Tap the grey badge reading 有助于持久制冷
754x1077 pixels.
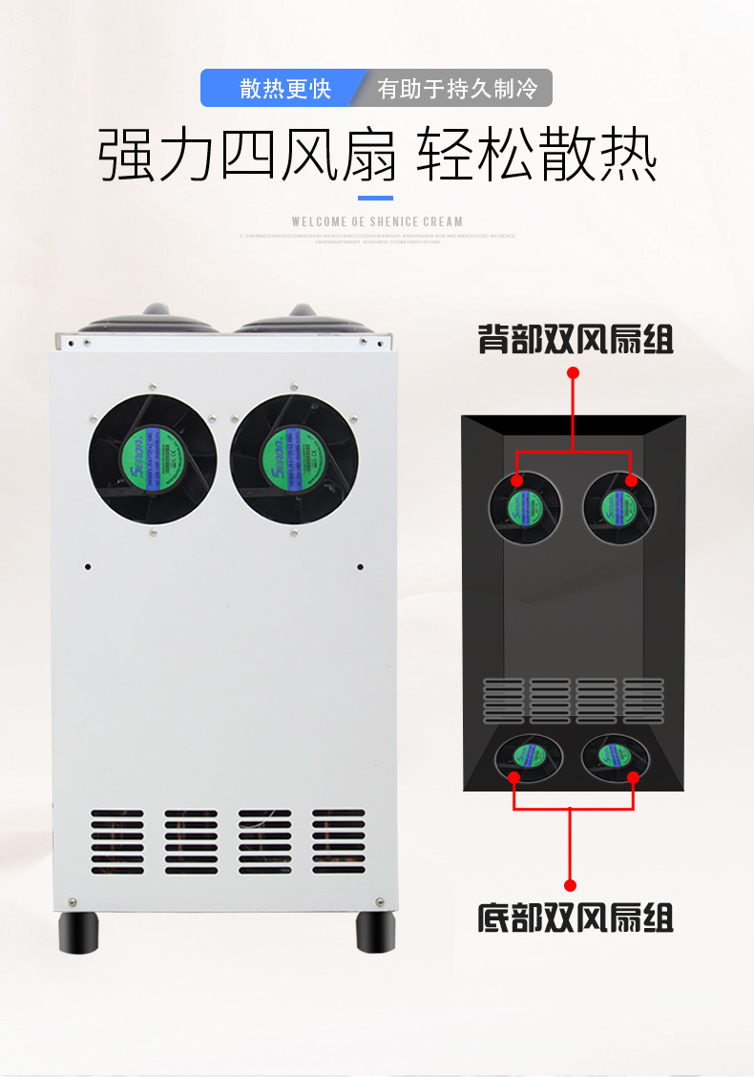457,89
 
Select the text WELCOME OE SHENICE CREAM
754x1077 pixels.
377,222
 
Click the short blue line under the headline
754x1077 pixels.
375,199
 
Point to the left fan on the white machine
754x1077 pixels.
153,459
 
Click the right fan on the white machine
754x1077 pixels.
294,459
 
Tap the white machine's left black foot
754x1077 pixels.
78,932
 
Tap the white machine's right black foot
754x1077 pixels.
376,932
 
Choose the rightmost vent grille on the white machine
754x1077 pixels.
338,842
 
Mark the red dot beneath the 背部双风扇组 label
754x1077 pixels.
573,372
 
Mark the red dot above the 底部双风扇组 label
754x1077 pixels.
571,885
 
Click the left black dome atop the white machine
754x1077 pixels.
153,319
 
